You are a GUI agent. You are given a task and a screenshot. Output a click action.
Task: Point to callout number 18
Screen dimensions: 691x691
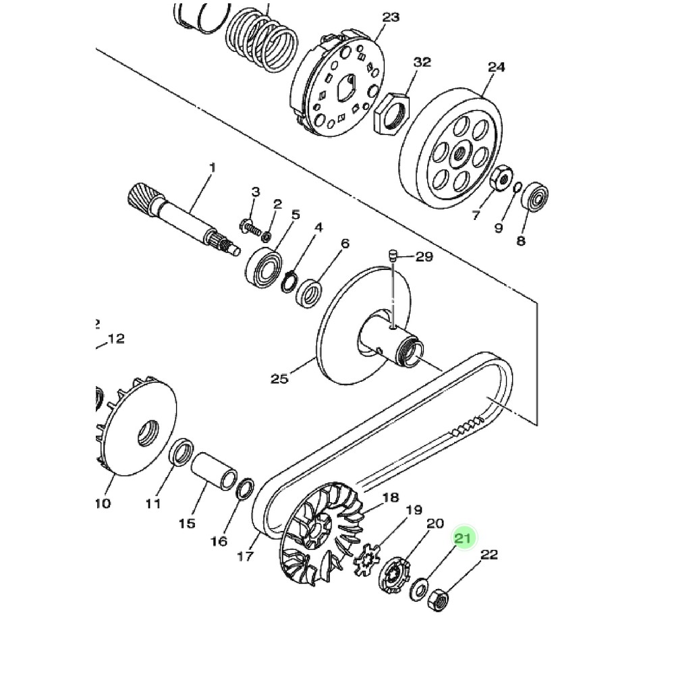[x=391, y=499]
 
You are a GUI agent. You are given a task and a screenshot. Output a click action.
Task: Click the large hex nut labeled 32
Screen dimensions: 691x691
[x=392, y=111]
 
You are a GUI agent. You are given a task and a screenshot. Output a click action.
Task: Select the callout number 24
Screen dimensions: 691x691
[x=496, y=67]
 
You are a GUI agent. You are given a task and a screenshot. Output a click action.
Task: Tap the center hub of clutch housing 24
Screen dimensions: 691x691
[x=460, y=154]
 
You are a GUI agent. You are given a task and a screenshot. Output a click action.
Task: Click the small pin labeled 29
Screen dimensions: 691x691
[x=391, y=256]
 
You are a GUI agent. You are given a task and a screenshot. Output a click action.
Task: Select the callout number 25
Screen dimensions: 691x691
[x=279, y=379]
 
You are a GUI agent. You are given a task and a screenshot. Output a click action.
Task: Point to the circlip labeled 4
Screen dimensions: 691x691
[x=289, y=281]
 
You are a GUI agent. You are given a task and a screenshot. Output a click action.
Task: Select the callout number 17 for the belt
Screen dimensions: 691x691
[x=245, y=556]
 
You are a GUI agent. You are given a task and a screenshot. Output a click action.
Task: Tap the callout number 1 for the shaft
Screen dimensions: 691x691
[x=212, y=167]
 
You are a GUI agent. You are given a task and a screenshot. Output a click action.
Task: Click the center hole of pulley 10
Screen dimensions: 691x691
[x=148, y=433]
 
